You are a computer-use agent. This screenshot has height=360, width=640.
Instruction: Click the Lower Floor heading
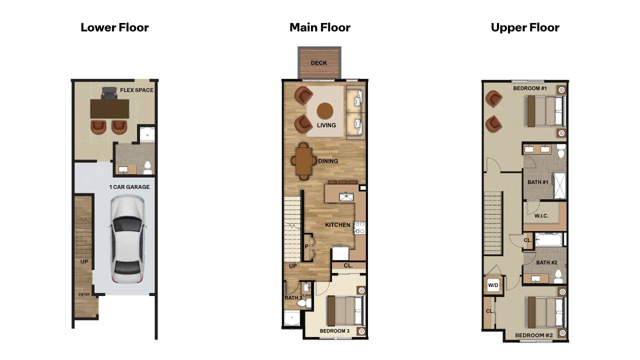tap(114, 27)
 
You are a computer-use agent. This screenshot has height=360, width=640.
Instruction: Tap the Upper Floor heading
tap(525, 27)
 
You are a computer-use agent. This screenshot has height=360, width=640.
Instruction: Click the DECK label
tap(319, 63)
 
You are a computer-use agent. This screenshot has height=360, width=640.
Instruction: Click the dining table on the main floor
tap(303, 161)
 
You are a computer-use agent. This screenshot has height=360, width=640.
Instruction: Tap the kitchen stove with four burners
tap(359, 228)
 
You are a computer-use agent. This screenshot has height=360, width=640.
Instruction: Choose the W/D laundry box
tap(493, 285)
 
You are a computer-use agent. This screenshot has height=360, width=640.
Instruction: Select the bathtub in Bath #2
tap(550, 240)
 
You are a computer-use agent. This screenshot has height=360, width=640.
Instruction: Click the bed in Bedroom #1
tap(545, 111)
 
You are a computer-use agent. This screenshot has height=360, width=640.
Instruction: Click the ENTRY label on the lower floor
tap(84, 294)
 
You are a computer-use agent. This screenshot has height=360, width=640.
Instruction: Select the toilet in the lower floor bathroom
tap(147, 167)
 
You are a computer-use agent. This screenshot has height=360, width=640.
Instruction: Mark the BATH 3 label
tap(293, 298)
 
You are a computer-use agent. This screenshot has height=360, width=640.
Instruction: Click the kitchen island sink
tap(346, 197)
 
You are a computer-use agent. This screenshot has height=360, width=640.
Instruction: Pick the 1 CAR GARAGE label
tap(129, 187)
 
